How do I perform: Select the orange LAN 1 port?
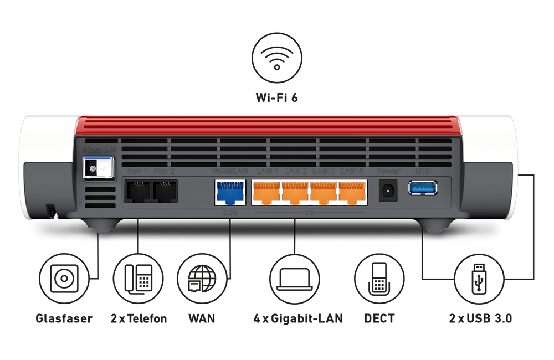(x=266, y=191)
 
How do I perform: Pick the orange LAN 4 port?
(x=352, y=191)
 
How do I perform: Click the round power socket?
(x=387, y=191)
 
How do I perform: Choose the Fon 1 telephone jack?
(x=136, y=191)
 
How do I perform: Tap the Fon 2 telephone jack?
(x=165, y=191)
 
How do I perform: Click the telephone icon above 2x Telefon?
(x=138, y=279)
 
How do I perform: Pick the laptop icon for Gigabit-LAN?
(x=294, y=279)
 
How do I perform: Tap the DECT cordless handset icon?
(x=379, y=279)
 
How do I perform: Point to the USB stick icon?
(x=478, y=279)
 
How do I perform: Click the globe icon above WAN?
(x=202, y=279)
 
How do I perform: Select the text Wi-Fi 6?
(x=277, y=98)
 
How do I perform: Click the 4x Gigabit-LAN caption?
(x=297, y=318)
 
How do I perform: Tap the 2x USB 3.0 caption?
(x=480, y=318)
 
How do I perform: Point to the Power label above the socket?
(x=387, y=172)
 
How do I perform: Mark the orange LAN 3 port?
(x=324, y=191)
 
